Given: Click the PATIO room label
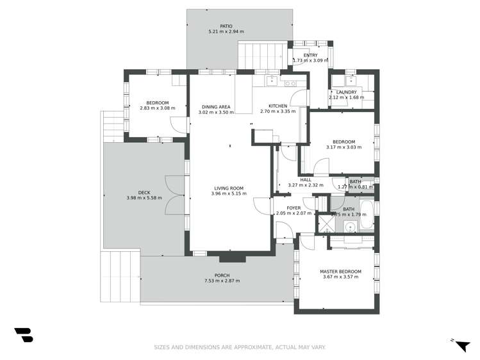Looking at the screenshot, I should click(226, 26).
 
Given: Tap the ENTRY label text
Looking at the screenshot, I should click(310, 55).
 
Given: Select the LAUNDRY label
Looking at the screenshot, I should click(346, 92).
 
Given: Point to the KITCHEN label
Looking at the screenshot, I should click(277, 106).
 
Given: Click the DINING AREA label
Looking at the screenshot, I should click(216, 107).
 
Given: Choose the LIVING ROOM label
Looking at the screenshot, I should click(229, 188).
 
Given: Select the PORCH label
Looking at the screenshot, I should click(222, 275).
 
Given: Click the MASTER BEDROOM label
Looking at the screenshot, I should click(340, 271).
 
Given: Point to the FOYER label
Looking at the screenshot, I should click(294, 208).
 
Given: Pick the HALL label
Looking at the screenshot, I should click(306, 180).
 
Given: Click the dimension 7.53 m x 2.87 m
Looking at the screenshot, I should click(222, 281).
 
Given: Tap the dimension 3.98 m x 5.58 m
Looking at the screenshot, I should click(144, 198).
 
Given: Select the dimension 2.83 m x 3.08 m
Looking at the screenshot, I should click(157, 108).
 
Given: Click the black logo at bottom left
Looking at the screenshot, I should click(23, 334).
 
